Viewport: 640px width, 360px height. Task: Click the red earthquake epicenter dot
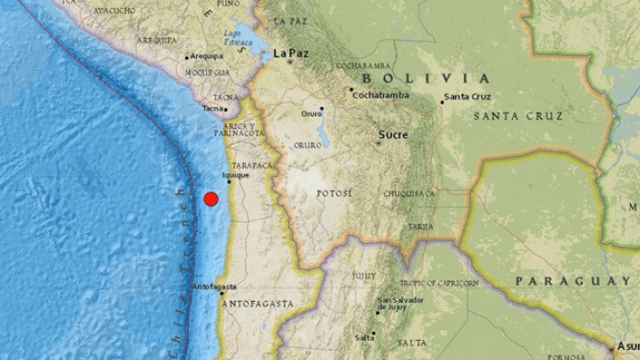211,198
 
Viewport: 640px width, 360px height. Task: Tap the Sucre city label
392,135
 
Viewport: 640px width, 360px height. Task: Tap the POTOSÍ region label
333,194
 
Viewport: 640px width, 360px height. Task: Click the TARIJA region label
421,226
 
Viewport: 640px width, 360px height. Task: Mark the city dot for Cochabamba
351,90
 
